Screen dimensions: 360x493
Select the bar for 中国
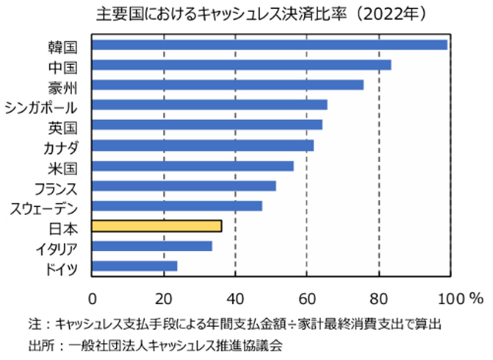pyautogui.click(x=241, y=65)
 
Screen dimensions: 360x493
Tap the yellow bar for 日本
pyautogui.click(x=157, y=226)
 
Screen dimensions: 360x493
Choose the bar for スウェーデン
pyautogui.click(x=177, y=206)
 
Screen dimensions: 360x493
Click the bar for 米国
pyautogui.click(x=192, y=166)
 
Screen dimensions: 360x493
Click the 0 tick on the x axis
pyautogui.click(x=92, y=298)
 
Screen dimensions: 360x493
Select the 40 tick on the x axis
pyautogui.click(x=235, y=298)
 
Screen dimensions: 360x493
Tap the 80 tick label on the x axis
pyautogui.click(x=379, y=298)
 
